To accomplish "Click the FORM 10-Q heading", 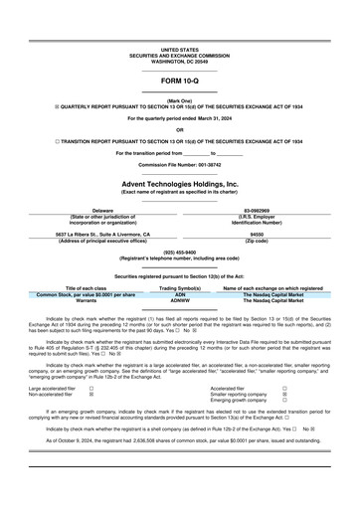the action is pos(179,80).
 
